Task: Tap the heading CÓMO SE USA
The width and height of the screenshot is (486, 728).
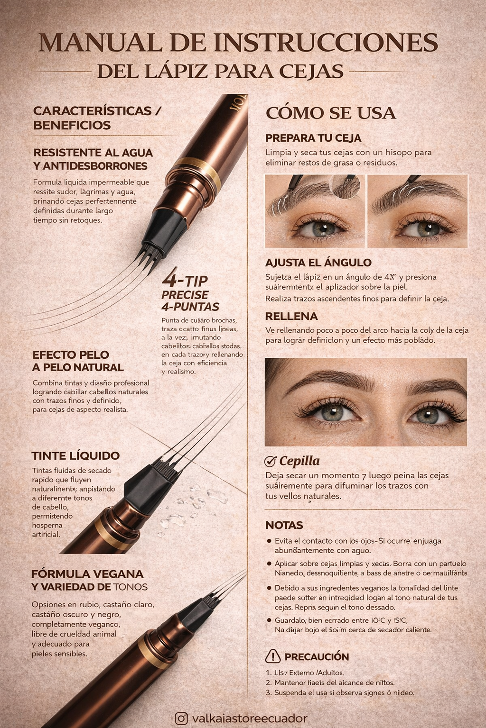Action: (330, 113)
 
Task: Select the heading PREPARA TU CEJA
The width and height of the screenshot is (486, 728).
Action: (313, 138)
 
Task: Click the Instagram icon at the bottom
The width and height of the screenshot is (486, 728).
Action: (181, 718)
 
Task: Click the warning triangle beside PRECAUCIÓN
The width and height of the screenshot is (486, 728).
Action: (273, 656)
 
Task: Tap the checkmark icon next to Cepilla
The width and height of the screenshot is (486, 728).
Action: (270, 461)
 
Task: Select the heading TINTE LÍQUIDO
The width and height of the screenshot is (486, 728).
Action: (75, 455)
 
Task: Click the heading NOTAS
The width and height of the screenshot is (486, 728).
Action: (284, 525)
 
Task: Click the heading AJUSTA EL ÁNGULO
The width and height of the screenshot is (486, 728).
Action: (318, 263)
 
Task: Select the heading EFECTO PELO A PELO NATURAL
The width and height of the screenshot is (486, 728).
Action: (78, 361)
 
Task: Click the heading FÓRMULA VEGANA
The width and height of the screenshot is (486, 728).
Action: (87, 573)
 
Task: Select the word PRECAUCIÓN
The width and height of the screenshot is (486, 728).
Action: (317, 657)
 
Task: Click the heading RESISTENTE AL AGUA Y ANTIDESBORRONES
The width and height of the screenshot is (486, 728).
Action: (93, 159)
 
